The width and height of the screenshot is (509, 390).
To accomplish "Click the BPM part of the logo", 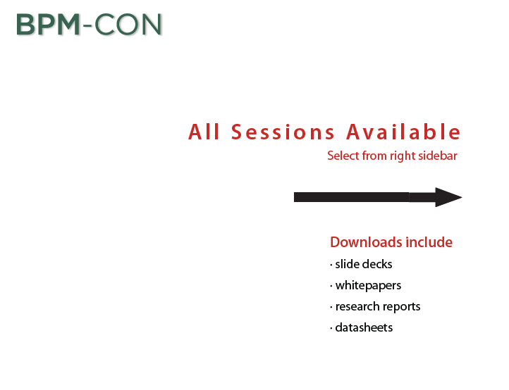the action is coord(48,25).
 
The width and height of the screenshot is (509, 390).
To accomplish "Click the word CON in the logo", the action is coord(128,25).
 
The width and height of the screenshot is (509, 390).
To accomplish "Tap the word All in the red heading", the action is coord(204,132).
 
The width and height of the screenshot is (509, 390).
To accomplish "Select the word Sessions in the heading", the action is coord(283,132).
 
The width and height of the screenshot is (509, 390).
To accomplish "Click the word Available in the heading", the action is coord(403,132).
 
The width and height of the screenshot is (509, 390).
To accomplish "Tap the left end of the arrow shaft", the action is coord(295,197).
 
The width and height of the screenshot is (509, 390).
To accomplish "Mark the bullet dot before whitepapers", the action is coord(331,287).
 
